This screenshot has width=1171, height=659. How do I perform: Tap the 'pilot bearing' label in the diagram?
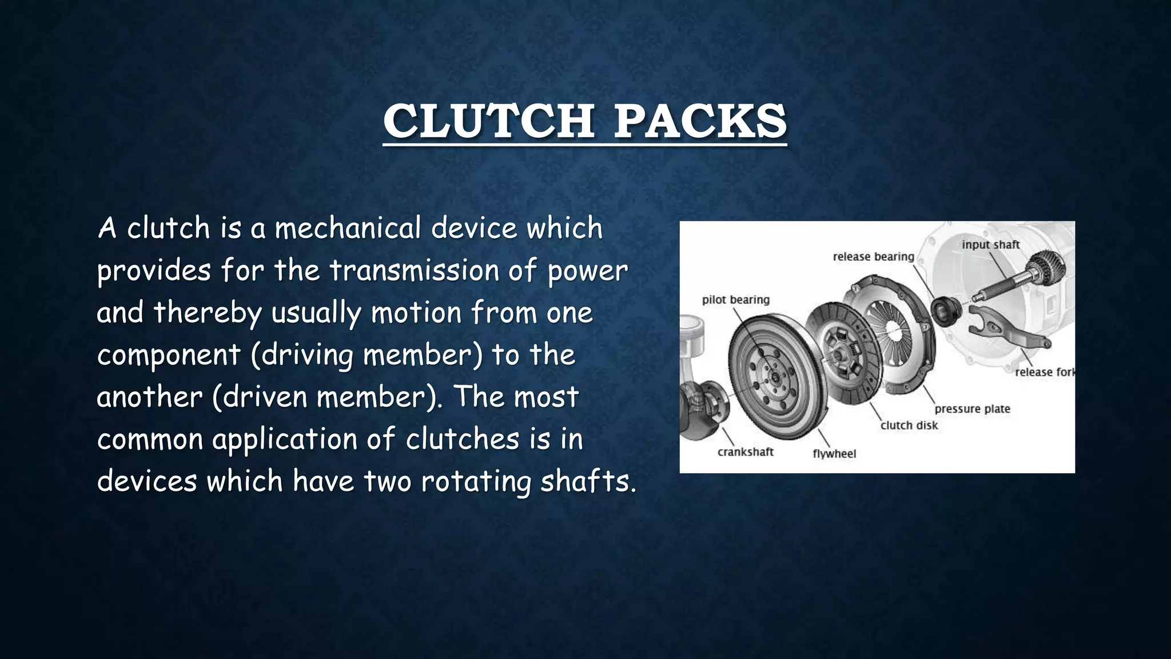point(735,300)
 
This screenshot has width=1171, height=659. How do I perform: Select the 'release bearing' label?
point(873,257)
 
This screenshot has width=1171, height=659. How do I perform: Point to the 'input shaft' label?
point(990,245)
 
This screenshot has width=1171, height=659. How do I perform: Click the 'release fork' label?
point(1044,372)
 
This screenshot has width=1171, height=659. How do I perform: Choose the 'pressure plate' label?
point(972,409)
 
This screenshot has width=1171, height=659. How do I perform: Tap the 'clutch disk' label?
point(909,426)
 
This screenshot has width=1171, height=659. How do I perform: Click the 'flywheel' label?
point(834,454)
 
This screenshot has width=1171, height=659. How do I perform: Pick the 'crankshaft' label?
point(745,452)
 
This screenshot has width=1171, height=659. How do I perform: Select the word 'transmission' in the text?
point(414,271)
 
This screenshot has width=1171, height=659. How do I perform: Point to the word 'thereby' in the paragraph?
point(207,313)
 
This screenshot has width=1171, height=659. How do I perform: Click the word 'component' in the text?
point(168,355)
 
